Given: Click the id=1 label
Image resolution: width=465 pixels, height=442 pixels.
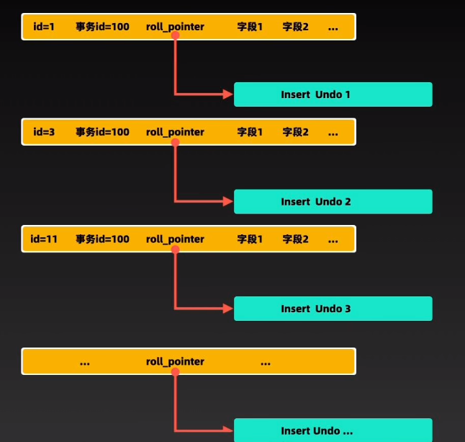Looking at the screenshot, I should (45, 27).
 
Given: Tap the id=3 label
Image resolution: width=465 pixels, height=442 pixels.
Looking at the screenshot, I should (45, 132).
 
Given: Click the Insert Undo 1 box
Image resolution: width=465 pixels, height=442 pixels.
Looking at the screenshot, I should (333, 94).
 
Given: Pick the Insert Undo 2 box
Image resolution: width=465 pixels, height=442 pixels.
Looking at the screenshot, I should (333, 202).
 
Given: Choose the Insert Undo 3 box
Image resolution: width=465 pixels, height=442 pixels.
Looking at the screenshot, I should (333, 309).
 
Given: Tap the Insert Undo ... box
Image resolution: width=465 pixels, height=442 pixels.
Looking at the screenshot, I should (333, 431).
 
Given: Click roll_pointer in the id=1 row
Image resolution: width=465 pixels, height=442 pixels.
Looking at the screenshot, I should (175, 27).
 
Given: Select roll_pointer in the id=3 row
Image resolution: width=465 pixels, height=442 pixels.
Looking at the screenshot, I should (175, 132).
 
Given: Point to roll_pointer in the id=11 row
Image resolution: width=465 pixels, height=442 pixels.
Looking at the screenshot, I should (175, 239).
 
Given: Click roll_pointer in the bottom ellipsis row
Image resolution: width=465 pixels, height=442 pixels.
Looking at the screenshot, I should (175, 362).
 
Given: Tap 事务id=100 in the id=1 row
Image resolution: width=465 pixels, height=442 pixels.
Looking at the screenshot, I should (102, 27).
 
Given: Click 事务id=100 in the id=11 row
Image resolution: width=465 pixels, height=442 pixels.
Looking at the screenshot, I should (102, 239).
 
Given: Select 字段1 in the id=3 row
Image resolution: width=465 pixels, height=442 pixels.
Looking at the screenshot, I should (250, 132).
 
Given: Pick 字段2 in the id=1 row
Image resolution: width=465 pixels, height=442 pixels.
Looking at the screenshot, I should (295, 27).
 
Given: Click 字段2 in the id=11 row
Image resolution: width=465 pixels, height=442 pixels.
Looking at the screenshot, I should (295, 239).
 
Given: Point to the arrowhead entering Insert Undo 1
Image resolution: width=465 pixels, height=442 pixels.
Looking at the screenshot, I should (228, 94).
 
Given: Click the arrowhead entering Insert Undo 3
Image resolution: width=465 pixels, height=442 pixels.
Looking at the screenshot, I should (228, 309).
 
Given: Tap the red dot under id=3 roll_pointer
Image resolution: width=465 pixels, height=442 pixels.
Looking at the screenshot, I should (175, 143).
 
